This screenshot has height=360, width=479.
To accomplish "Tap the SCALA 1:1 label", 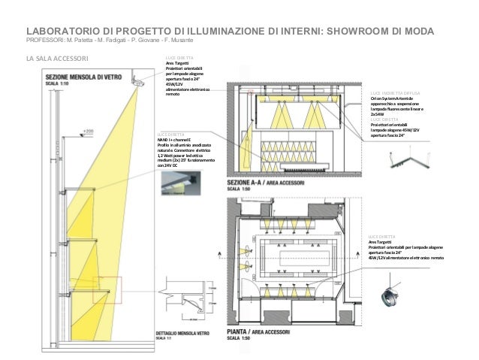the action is tap(59, 339).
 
